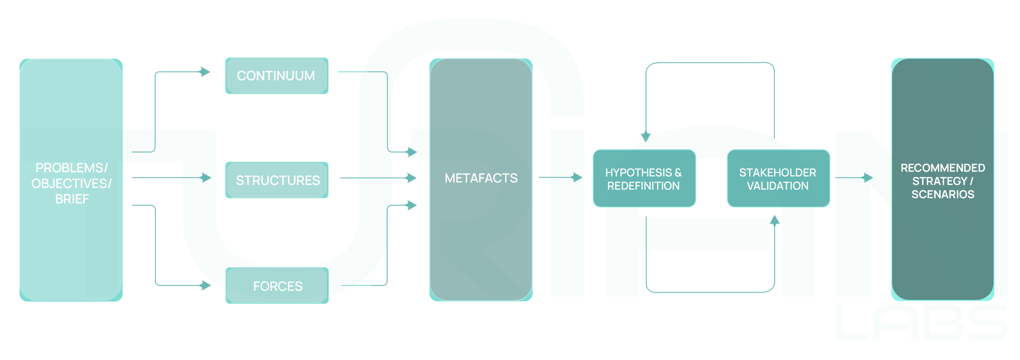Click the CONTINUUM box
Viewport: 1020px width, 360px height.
pos(277,76)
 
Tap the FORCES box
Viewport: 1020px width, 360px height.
pos(277,286)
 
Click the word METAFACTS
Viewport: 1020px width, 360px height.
pos(481,178)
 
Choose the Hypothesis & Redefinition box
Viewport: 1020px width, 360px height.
pos(644,178)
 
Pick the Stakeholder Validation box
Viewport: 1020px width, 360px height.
pos(778,178)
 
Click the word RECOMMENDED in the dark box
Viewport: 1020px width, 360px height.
pos(942,168)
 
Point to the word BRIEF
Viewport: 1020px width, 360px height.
pos(72,199)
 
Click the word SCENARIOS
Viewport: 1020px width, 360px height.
pos(942,194)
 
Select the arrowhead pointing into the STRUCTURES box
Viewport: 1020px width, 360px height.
pos(206,178)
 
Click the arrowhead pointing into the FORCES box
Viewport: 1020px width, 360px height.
pos(206,285)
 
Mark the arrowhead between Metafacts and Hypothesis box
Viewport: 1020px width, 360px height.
pos(577,177)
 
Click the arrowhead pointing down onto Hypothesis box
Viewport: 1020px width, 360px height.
pos(645,136)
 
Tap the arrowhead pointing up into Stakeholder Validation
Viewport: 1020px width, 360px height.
pos(774,221)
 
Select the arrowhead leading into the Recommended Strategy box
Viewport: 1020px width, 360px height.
pos(867,178)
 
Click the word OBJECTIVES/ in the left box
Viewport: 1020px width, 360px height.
pos(71,184)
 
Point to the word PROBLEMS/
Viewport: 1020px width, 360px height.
pos(71,168)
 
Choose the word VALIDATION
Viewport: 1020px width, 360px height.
pos(777,186)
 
